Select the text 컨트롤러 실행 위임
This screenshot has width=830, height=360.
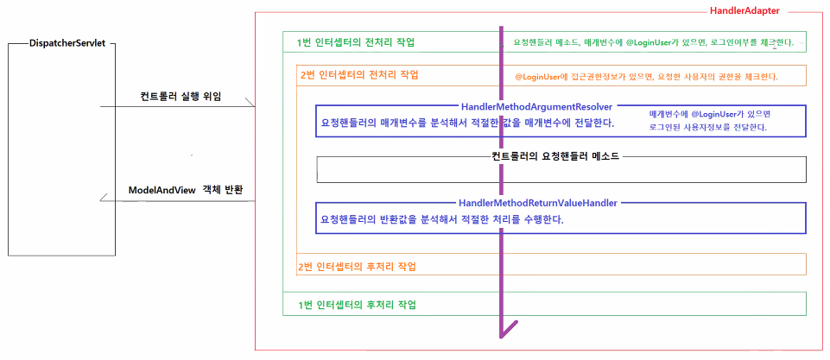pos(181,96)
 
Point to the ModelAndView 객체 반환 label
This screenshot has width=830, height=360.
pos(187,189)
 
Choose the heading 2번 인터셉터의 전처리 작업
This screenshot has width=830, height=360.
pos(359,75)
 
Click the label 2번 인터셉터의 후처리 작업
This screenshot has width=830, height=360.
pos(357,265)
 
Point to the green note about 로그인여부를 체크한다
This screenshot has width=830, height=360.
pos(653,42)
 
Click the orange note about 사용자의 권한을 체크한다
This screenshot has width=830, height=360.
pos(646,76)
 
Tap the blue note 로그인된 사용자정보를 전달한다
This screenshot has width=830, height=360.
pos(708,128)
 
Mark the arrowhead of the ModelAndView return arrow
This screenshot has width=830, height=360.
pos(104,199)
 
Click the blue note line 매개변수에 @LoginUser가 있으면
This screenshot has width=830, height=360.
pos(709,114)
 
